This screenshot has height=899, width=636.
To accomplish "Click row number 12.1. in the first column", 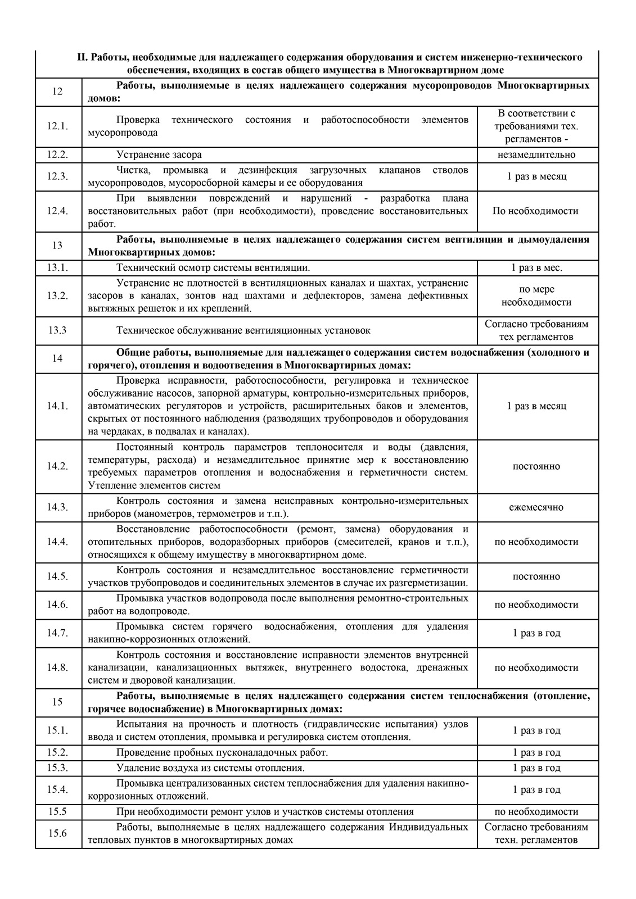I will click(x=57, y=126).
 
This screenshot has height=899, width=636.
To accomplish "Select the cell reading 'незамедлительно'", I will click(x=536, y=155).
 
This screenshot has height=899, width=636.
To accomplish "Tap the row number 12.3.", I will click(x=57, y=176).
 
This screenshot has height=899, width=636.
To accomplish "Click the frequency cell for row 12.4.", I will click(x=536, y=211).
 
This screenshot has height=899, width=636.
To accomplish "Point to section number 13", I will click(x=57, y=246).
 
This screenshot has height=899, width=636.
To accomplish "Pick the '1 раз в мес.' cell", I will click(x=536, y=268).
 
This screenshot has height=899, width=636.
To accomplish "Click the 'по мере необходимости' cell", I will click(x=536, y=296).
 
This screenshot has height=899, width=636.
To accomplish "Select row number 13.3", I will click(x=57, y=330).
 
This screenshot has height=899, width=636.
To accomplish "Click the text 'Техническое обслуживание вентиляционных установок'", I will click(x=243, y=330).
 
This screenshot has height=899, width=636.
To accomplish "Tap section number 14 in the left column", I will click(x=57, y=359).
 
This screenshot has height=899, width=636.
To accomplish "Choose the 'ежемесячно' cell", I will click(x=536, y=507).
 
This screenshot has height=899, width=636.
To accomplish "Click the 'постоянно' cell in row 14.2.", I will click(x=536, y=466).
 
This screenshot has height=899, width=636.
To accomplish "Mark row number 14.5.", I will click(x=57, y=576).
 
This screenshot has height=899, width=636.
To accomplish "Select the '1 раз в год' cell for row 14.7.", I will click(x=536, y=633).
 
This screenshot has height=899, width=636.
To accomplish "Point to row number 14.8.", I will click(x=57, y=668).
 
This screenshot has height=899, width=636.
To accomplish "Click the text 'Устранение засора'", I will click(x=159, y=155).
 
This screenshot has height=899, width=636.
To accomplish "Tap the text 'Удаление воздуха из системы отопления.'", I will click(x=210, y=768).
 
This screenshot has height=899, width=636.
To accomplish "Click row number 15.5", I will click(x=57, y=812).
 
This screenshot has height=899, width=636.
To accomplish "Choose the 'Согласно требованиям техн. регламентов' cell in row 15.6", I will click(x=536, y=833).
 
